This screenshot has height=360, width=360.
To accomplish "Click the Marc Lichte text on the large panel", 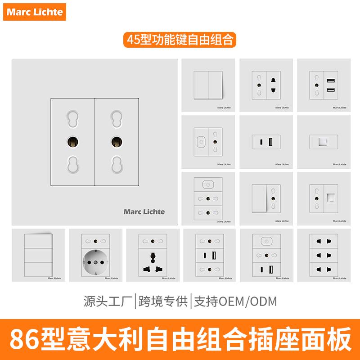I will pos(144,211).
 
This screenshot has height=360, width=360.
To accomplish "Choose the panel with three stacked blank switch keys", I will pos(38,255).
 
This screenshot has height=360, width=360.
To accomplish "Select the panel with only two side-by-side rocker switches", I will pos(208,85).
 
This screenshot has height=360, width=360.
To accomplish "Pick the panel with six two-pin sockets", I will pos(323,255).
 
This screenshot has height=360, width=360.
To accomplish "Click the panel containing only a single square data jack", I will pos(323,142).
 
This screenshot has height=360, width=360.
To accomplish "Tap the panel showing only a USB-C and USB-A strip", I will pos(265,142).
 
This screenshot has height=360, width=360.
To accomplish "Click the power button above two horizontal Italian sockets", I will pos(208,184).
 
